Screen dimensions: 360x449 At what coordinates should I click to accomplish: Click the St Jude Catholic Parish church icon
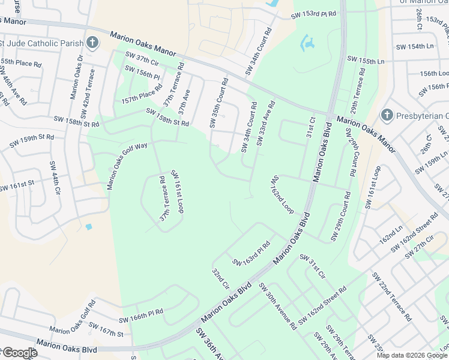(92, 43)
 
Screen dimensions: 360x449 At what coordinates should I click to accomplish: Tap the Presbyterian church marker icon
(387, 115)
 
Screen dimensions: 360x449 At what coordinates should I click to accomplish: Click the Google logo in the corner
(19, 353)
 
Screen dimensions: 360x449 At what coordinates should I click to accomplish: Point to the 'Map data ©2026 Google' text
(412, 355)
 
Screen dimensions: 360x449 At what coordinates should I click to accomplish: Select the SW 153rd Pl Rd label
(314, 15)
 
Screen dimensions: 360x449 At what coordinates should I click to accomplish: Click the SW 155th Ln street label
(366, 59)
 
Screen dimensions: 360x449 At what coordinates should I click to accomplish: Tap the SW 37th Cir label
(141, 61)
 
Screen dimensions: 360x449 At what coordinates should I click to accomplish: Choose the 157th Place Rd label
(142, 93)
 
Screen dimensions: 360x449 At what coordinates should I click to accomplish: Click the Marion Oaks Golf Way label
(127, 166)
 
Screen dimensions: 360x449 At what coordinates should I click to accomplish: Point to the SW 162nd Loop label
(282, 194)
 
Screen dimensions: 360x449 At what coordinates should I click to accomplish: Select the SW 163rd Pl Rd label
(252, 254)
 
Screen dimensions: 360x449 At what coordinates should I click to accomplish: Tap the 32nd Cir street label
(220, 279)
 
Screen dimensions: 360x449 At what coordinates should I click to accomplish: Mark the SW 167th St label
(105, 329)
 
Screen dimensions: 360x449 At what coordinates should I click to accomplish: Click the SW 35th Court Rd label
(218, 103)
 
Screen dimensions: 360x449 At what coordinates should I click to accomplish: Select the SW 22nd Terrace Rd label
(391, 296)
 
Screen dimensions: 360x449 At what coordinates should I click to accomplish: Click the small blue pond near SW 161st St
(89, 227)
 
